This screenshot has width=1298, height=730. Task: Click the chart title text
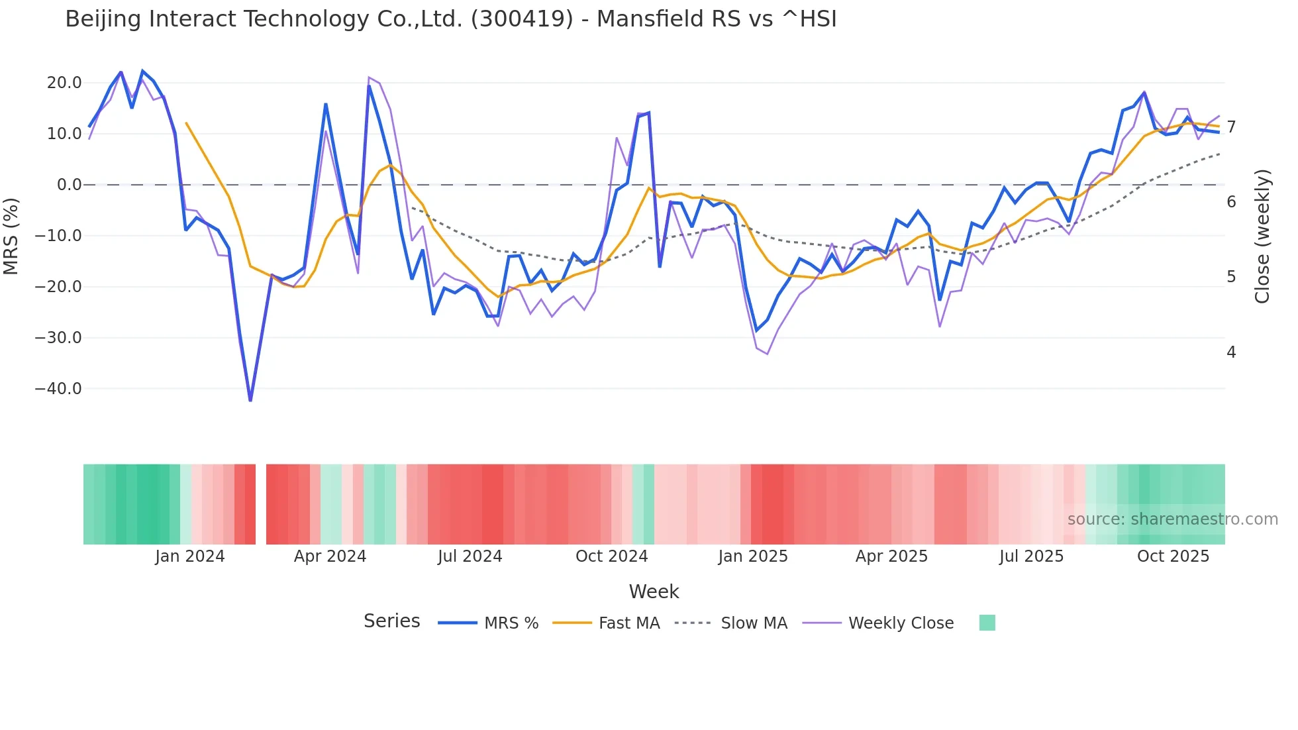tap(450, 19)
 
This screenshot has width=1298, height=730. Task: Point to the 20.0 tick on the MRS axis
tap(64, 83)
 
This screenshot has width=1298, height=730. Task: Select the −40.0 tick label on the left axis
tap(58, 389)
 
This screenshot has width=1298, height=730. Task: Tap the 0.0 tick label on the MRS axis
tap(69, 185)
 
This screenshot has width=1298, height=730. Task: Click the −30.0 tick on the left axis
tap(58, 338)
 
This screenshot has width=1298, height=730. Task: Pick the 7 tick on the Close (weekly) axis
tap(1231, 127)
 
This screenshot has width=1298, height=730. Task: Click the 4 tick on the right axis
tap(1231, 352)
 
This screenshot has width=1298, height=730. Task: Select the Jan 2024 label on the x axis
tap(190, 556)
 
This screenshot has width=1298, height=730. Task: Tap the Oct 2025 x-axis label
tap(1173, 556)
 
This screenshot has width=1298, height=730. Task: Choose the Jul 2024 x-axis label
tap(470, 556)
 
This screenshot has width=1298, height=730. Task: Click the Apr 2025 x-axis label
tap(891, 556)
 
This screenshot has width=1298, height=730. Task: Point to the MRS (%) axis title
tap(11, 236)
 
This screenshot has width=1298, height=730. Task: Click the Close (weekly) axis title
tap(1262, 236)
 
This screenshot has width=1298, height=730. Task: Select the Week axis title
tap(654, 592)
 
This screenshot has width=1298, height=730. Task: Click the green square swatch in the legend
tap(987, 623)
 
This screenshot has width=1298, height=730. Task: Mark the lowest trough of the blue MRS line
tap(250, 400)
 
